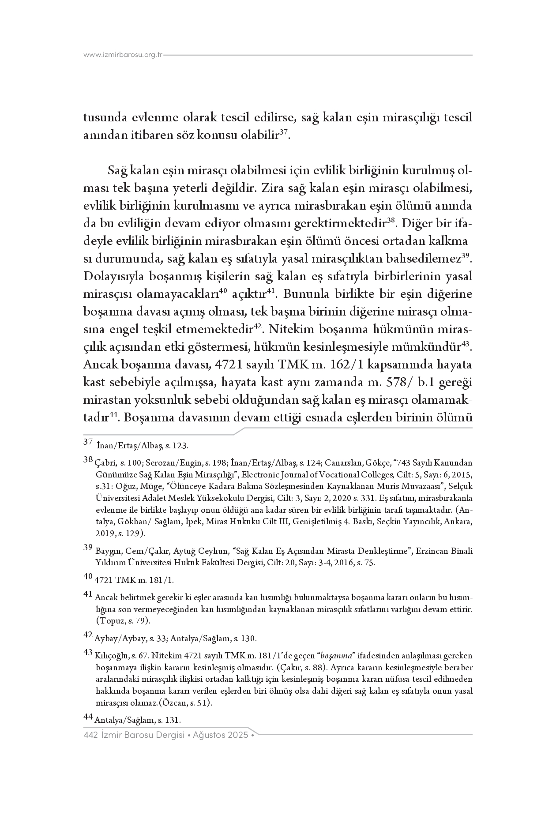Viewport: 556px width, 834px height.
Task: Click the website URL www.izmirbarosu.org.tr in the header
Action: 123,55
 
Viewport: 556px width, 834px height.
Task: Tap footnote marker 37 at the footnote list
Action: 87,441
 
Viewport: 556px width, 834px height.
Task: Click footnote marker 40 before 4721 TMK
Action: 88,576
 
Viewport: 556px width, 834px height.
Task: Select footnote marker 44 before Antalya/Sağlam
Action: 88,718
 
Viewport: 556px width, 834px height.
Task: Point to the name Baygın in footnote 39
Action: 108,551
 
